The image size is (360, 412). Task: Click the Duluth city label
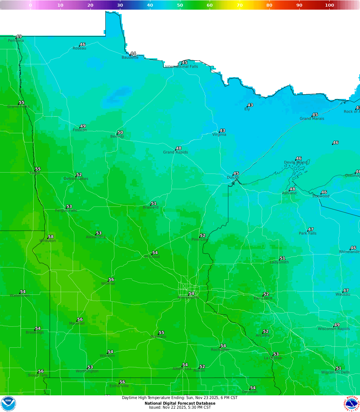233,178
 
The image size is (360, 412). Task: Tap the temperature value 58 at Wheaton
51,237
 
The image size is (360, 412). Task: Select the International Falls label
182,67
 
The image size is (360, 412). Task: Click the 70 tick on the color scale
240,5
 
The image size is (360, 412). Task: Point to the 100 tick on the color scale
329,5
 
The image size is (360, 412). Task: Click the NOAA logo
8,404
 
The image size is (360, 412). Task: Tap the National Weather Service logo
352,404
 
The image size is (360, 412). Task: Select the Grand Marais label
312,119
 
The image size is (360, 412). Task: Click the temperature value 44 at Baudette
133,54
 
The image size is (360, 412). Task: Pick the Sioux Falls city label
38,375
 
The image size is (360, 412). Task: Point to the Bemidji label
117,137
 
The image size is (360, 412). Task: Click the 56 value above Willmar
111,280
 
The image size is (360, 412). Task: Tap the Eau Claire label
263,298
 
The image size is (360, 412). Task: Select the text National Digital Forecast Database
180,403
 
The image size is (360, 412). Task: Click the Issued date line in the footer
180,407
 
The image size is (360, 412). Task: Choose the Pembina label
16,41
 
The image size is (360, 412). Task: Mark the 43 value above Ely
250,105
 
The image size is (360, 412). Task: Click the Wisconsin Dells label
335,372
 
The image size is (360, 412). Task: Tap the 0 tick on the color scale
30,5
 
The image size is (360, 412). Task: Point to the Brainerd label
151,207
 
